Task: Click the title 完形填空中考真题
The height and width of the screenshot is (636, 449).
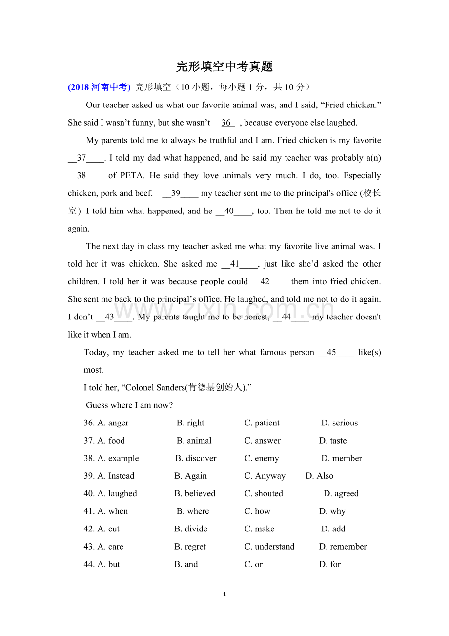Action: tap(224, 66)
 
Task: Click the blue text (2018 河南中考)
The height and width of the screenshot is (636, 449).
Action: tap(99, 87)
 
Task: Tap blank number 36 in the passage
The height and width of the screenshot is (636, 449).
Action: tap(226, 123)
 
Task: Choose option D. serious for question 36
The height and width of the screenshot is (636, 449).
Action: tap(340, 423)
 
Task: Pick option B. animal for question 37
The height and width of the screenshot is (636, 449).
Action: tap(194, 441)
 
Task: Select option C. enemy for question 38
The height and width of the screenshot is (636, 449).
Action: tap(262, 458)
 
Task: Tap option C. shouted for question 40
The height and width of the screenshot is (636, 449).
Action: tap(264, 493)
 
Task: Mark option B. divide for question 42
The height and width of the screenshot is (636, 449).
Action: tap(191, 529)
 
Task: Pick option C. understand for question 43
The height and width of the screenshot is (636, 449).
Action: tap(269, 547)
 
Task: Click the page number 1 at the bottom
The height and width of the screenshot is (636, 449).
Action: tap(224, 594)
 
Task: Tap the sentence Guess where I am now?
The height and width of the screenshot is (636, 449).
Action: tap(129, 405)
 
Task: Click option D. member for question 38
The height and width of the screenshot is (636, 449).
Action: tap(342, 458)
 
